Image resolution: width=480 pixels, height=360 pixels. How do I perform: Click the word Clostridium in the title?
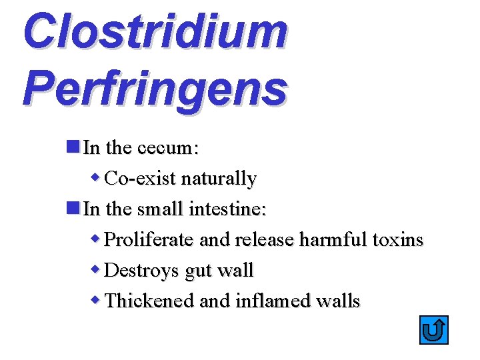tap(155, 31)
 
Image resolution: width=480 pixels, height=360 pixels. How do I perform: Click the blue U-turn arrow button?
tap(434, 330)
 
